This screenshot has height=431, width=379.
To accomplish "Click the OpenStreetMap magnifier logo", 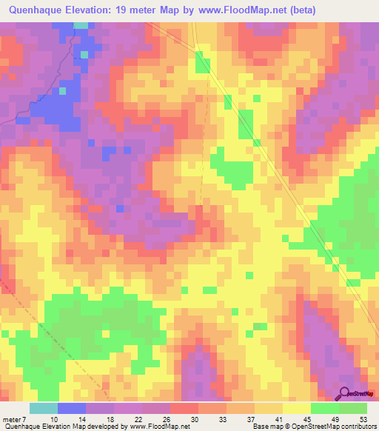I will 345,393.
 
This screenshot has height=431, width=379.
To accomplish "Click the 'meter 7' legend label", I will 16,419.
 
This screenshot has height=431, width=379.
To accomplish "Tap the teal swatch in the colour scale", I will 44,408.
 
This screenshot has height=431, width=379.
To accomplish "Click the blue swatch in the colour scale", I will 72,408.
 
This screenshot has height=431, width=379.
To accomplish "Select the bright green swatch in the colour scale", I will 325,408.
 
